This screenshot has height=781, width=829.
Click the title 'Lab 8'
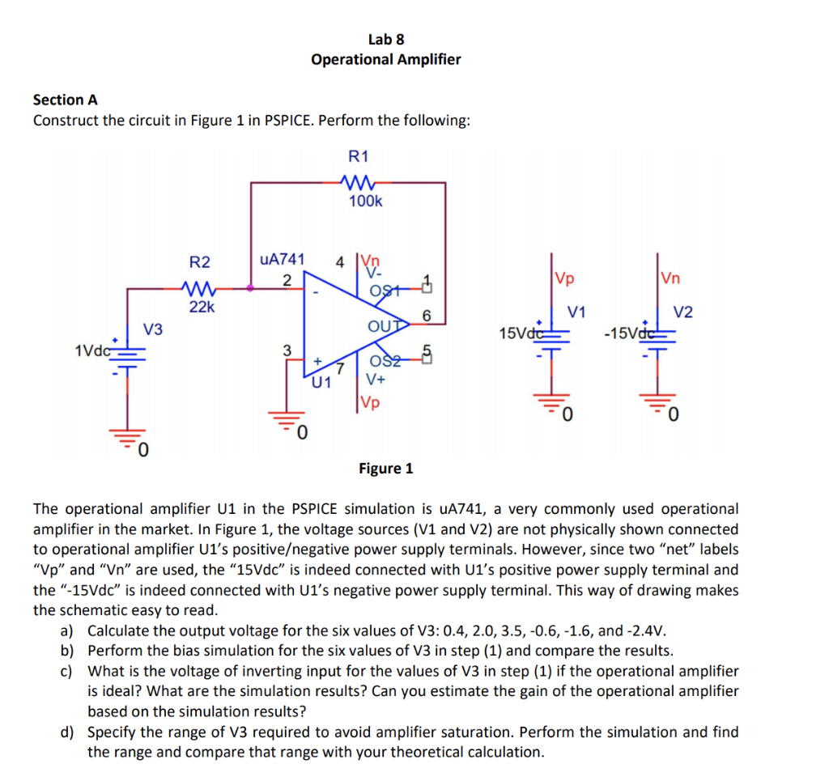tap(386, 39)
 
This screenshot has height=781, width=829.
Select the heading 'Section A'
tap(65, 100)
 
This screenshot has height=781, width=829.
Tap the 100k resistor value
tap(365, 201)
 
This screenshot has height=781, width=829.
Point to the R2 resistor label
tap(199, 261)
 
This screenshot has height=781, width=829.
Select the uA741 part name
tap(282, 259)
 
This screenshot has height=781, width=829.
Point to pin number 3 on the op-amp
tap(286, 350)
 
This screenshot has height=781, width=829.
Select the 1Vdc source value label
tap(91, 350)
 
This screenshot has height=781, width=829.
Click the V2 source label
tap(684, 312)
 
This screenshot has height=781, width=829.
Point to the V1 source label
tap(577, 312)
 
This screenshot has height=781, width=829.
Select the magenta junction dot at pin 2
tap(249, 286)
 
